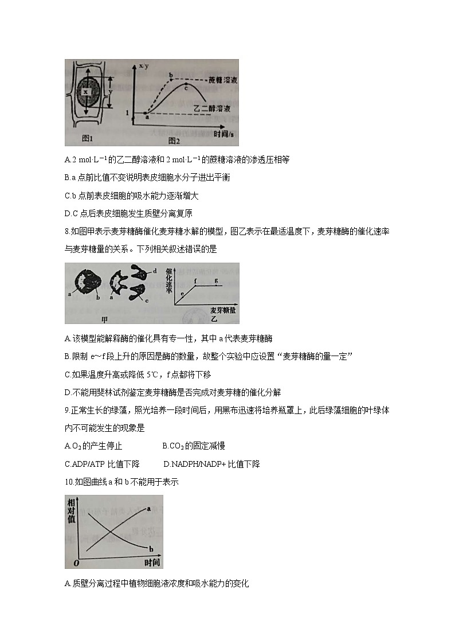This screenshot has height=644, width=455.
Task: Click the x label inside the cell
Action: click(85, 91)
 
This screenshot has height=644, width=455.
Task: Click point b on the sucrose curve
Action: click(171, 75)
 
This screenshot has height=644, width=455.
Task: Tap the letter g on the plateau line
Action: click(216, 280)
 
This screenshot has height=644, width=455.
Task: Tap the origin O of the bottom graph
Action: click(76, 563)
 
